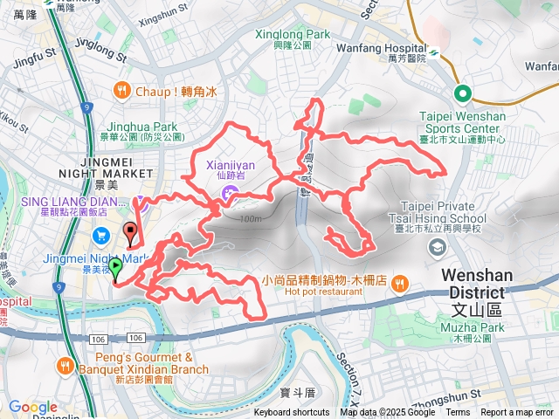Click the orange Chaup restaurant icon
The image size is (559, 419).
coord(122,89)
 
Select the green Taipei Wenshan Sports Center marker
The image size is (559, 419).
coord(460,95)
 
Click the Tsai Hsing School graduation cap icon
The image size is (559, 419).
coord(434,248)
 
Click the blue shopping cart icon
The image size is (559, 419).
coord(100,234)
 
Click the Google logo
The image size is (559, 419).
coord(32,408)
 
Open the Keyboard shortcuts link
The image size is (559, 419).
coord(292,413)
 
